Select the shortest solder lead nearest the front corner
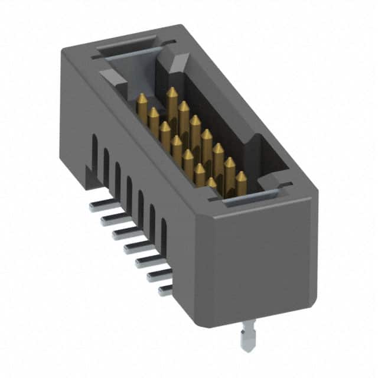pos(165,289)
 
